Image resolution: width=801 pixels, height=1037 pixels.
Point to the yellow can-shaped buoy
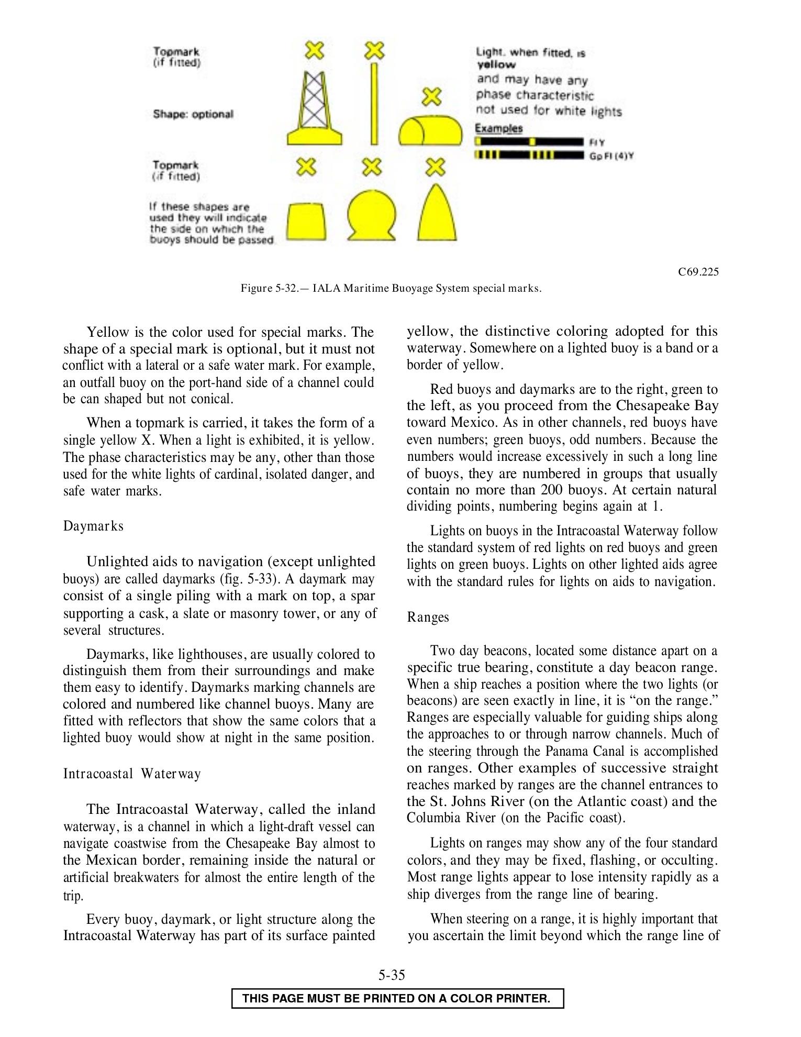click(306, 220)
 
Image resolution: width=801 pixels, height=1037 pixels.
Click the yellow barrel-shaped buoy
click(430, 130)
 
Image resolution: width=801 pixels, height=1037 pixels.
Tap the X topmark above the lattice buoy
click(315, 50)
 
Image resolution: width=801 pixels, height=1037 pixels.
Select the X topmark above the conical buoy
click(436, 167)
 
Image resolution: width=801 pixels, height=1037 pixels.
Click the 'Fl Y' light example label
click(597, 142)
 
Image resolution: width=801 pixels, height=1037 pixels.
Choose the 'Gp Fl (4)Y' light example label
click(611, 156)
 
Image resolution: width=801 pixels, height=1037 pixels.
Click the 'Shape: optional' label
click(193, 114)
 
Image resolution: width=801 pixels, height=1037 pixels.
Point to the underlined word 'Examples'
click(498, 128)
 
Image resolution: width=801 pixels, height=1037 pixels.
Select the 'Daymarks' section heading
click(93, 526)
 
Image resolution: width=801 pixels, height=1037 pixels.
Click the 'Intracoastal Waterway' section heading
click(132, 774)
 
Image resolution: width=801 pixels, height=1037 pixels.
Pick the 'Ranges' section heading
click(428, 617)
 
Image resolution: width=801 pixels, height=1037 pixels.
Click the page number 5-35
click(392, 975)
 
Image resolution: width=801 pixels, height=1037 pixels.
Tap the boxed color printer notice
click(397, 998)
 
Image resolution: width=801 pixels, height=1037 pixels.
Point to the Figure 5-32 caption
click(391, 288)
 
